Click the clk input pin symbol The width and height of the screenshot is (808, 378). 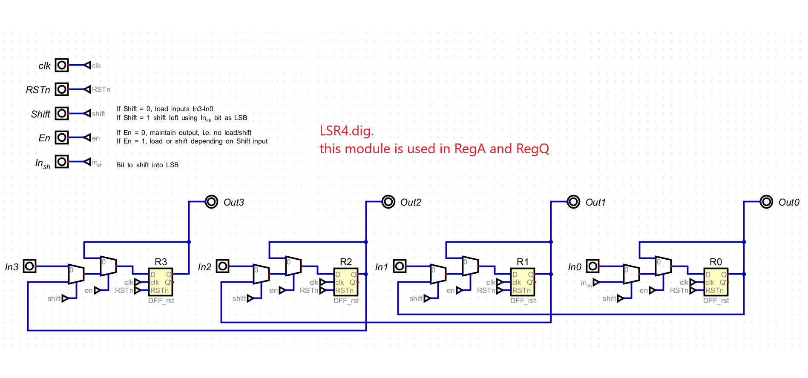pos(62,65)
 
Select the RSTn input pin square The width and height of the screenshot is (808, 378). pos(62,89)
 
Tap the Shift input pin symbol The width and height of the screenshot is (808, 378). pos(62,114)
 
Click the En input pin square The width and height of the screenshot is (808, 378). pos(62,137)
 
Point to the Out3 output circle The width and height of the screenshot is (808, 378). pos(212,202)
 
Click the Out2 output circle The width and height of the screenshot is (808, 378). pos(388,202)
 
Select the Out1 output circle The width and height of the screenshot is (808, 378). pos(574,202)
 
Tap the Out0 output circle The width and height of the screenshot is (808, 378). pos(767,202)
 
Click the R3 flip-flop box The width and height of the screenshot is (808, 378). pos(161,282)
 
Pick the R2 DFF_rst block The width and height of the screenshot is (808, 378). pos(346,282)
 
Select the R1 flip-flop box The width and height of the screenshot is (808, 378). pos(523,282)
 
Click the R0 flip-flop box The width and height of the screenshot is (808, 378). pos(716,282)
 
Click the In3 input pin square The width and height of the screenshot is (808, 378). pos(29,266)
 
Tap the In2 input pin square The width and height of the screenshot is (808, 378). pos(223,266)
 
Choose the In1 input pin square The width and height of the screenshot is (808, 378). pos(400,266)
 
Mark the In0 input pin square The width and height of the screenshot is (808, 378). pos(592,266)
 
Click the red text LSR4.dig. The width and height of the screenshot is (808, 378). pos(347,131)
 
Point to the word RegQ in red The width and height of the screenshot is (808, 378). pos(532,149)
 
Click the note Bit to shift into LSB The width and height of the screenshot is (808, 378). pos(147,165)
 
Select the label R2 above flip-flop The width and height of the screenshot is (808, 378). pos(346,262)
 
